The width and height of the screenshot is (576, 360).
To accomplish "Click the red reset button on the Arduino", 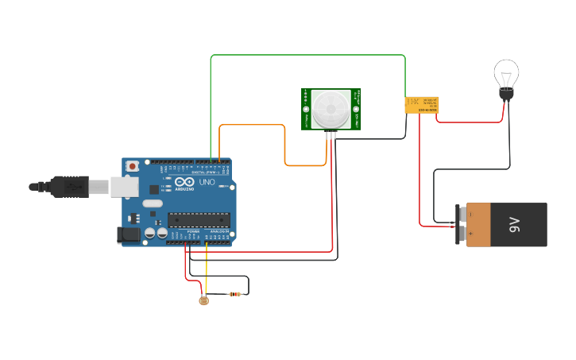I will point(132,165).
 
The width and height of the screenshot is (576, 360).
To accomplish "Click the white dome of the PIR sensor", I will point(330,109).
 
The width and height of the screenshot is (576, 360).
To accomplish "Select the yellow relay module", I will point(421,104).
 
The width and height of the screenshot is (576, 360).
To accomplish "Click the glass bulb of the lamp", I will point(506,75).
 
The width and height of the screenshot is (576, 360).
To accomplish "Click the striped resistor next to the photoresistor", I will point(234,294).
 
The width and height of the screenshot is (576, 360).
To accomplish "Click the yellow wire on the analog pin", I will point(207,270).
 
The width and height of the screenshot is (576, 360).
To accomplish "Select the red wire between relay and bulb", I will point(469,122).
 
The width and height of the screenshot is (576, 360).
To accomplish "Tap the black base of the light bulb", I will point(505,95).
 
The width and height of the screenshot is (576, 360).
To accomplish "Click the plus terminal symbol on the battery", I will point(470,235).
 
